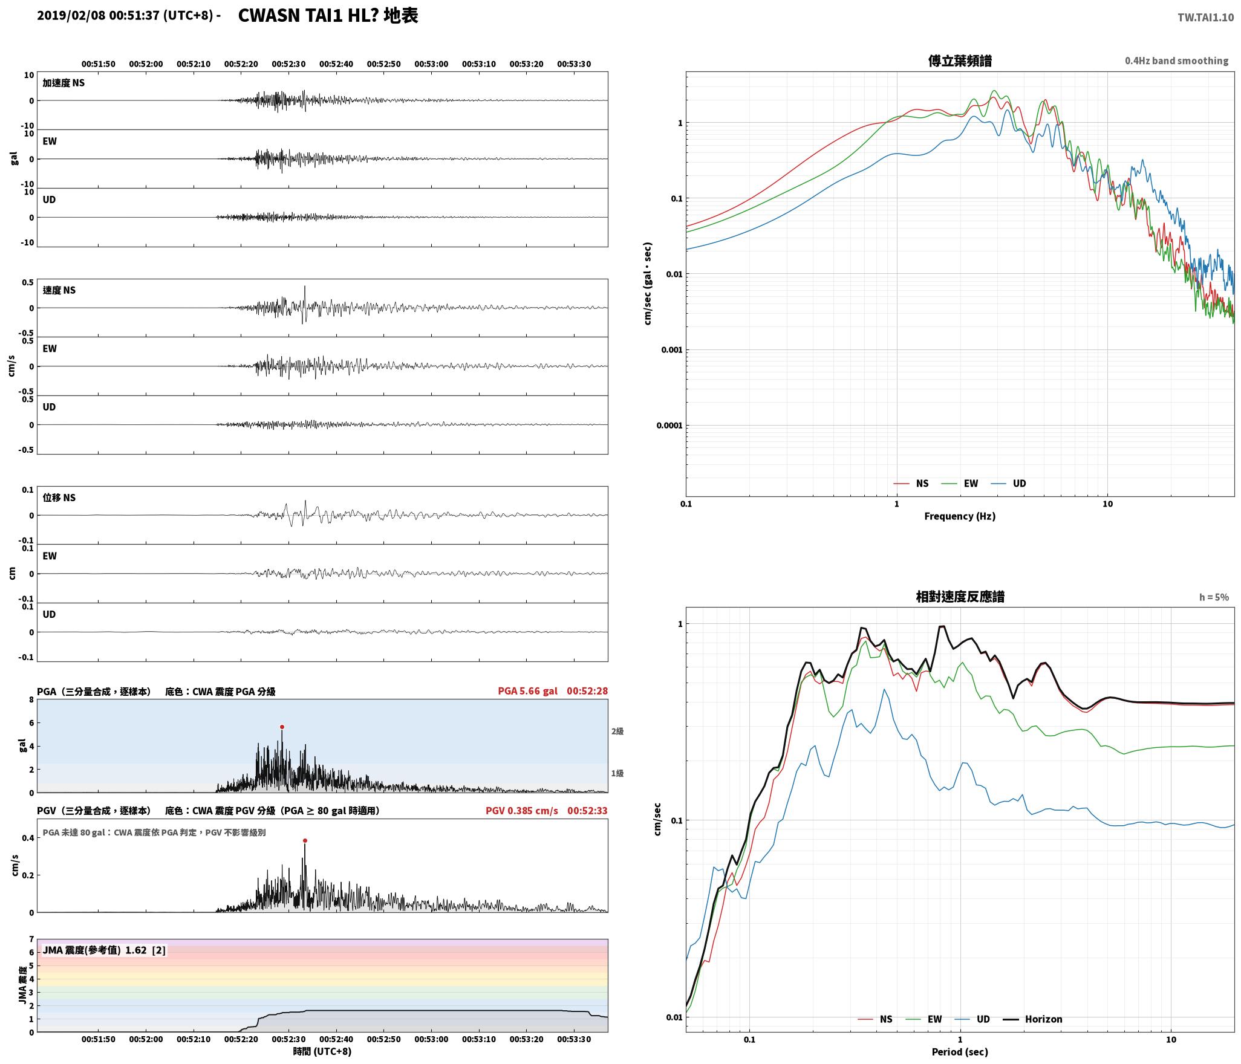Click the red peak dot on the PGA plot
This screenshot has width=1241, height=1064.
(282, 727)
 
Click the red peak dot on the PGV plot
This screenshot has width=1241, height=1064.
(305, 840)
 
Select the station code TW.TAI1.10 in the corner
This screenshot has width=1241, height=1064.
(1205, 18)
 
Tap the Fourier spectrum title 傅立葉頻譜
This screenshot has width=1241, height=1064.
(960, 60)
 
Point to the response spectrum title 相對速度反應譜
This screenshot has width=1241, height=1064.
(960, 597)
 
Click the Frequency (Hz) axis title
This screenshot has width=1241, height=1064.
(959, 516)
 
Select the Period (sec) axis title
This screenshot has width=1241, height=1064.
(960, 1051)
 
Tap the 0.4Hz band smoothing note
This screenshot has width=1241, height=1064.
(1176, 61)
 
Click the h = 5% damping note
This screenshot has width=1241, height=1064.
(1214, 597)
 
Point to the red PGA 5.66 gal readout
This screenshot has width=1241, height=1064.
(528, 691)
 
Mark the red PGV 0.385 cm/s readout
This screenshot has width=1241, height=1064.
(522, 810)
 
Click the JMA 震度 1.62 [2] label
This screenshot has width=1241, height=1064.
(104, 950)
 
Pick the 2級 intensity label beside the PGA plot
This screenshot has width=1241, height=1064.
(617, 731)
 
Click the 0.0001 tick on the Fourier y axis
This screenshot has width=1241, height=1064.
(669, 425)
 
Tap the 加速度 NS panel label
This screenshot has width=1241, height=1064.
(64, 83)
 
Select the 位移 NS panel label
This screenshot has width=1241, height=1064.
(59, 498)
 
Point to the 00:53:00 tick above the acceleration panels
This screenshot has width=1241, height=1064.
(431, 64)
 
